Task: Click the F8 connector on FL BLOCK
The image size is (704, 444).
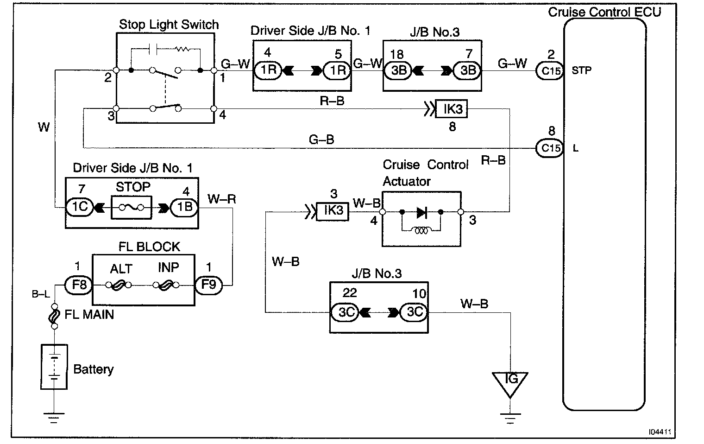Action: click(x=79, y=285)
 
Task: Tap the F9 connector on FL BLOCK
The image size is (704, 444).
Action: click(x=209, y=285)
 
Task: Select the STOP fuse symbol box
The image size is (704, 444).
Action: click(x=132, y=208)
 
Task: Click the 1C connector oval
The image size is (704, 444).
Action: click(x=80, y=207)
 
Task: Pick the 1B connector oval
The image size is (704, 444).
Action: click(x=184, y=207)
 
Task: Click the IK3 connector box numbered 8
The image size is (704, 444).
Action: click(x=451, y=109)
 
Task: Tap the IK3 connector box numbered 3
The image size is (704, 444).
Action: click(x=332, y=211)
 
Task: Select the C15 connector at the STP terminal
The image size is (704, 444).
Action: click(x=550, y=71)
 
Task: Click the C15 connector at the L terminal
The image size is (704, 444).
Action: click(x=550, y=148)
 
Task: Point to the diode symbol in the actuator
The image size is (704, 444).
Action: click(x=421, y=212)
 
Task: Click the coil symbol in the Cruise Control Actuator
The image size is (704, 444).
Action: click(x=421, y=231)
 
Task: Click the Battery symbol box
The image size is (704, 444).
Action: click(x=54, y=367)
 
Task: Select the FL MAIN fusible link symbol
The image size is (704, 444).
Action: click(x=54, y=316)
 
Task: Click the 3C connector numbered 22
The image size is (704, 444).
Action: click(x=346, y=312)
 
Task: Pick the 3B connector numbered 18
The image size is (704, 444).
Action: click(x=398, y=70)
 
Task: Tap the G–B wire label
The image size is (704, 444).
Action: click(x=321, y=140)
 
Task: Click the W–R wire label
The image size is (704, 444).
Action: click(x=221, y=199)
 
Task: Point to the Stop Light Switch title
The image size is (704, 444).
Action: click(x=169, y=25)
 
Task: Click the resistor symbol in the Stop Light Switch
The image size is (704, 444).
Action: click(x=182, y=49)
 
